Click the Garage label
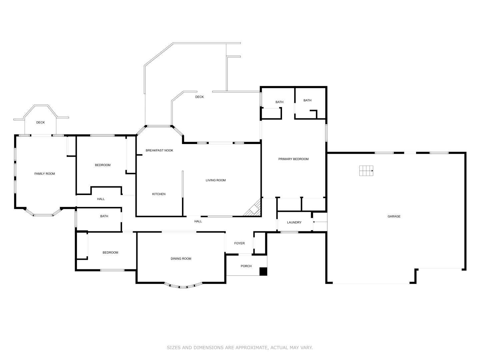[x=394, y=216]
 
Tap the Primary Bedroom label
[x=293, y=159]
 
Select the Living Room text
[x=216, y=180]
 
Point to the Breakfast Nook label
[x=159, y=150]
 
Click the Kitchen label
[x=159, y=194]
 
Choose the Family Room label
[x=45, y=174]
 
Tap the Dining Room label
[x=181, y=259]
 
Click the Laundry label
[x=294, y=222]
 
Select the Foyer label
[x=239, y=243]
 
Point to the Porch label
[x=246, y=266]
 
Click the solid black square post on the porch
[x=263, y=271]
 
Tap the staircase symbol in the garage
[x=366, y=171]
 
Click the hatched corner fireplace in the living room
[x=254, y=209]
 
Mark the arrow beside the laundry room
[x=320, y=222]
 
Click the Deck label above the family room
[x=40, y=122]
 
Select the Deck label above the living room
[x=199, y=97]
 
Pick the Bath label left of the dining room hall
[x=104, y=216]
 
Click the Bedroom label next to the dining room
[x=110, y=252]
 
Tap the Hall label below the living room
[x=198, y=221]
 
